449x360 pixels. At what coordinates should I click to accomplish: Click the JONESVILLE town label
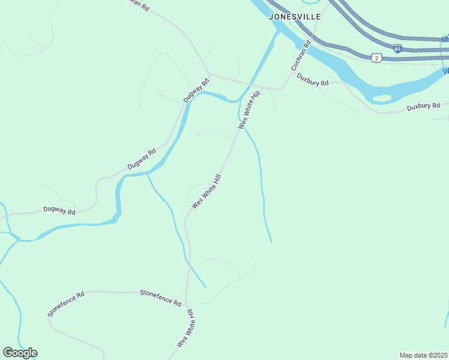coord(294,17)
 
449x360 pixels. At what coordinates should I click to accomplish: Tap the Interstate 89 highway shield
coord(397,49)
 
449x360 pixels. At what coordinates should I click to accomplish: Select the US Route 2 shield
coord(376,58)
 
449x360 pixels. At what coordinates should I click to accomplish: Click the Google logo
coord(20,353)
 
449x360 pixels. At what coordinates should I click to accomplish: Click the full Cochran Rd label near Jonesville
coord(301,55)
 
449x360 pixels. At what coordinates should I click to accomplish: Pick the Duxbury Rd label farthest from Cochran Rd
coord(423,107)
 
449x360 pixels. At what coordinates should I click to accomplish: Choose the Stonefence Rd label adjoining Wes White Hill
coord(160,298)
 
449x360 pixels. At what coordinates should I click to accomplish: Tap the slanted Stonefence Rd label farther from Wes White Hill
coord(65,305)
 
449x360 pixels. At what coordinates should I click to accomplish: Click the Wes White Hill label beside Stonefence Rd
coord(185,329)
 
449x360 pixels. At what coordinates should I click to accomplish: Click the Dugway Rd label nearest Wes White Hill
coord(196,91)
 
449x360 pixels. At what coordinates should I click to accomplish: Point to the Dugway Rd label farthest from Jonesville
coord(59,211)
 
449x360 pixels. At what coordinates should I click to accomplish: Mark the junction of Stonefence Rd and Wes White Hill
coord(187,294)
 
